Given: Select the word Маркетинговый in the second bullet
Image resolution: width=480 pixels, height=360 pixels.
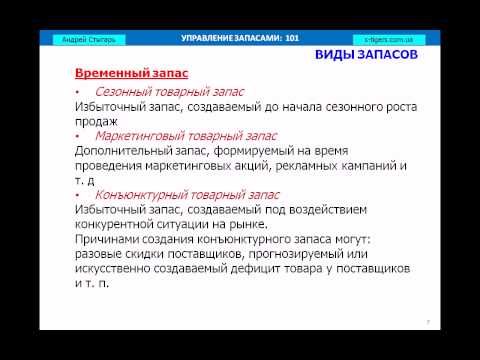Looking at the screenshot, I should pos(145,135).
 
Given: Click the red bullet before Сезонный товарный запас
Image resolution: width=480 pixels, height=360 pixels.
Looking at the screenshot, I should pos(78,92).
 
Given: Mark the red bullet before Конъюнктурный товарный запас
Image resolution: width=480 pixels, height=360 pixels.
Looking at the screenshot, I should pos(78,195).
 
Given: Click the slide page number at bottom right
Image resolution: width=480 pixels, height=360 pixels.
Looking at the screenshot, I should pos(427,322).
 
